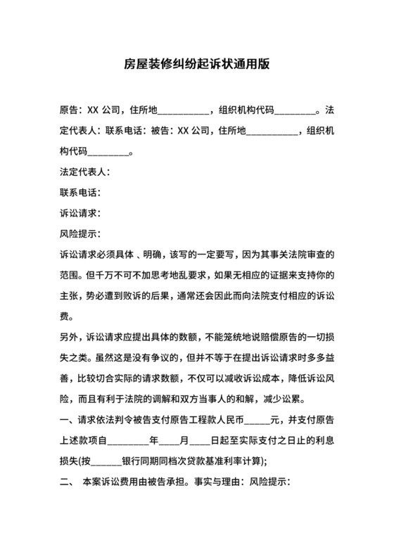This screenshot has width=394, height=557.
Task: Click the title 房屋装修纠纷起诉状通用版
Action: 196,63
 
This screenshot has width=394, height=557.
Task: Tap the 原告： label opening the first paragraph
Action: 72,110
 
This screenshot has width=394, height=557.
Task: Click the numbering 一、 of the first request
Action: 69,422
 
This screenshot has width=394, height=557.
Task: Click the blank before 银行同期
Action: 107,464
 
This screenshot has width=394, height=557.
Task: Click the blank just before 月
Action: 170,444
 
